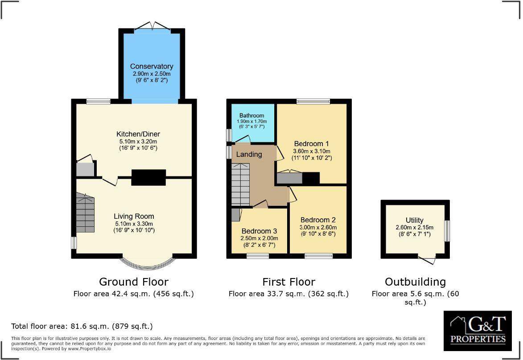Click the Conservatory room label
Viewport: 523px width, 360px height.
[152, 66]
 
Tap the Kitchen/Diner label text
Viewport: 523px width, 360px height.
[138, 134]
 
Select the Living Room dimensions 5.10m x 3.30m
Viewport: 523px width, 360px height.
[134, 224]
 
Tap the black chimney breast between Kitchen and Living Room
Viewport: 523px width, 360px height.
[148, 177]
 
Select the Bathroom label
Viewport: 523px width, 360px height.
[252, 115]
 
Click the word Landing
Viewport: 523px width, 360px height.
[249, 154]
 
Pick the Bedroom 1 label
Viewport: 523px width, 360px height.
[311, 144]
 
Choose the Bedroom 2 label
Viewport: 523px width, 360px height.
[317, 220]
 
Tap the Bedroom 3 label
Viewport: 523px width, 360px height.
[259, 231]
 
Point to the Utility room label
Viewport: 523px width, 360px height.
[414, 220]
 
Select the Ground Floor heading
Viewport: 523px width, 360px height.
[134, 282]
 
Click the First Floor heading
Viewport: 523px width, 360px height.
[288, 282]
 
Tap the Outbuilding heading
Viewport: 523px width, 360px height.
[415, 282]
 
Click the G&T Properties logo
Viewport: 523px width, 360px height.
[478, 331]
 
